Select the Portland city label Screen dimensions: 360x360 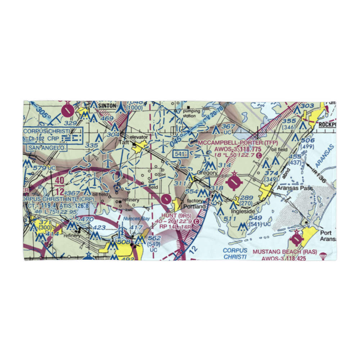(195, 207)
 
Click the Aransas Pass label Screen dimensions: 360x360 (292, 188)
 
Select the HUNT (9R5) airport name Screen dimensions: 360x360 (175, 215)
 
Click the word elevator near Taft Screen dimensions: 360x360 (139, 137)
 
